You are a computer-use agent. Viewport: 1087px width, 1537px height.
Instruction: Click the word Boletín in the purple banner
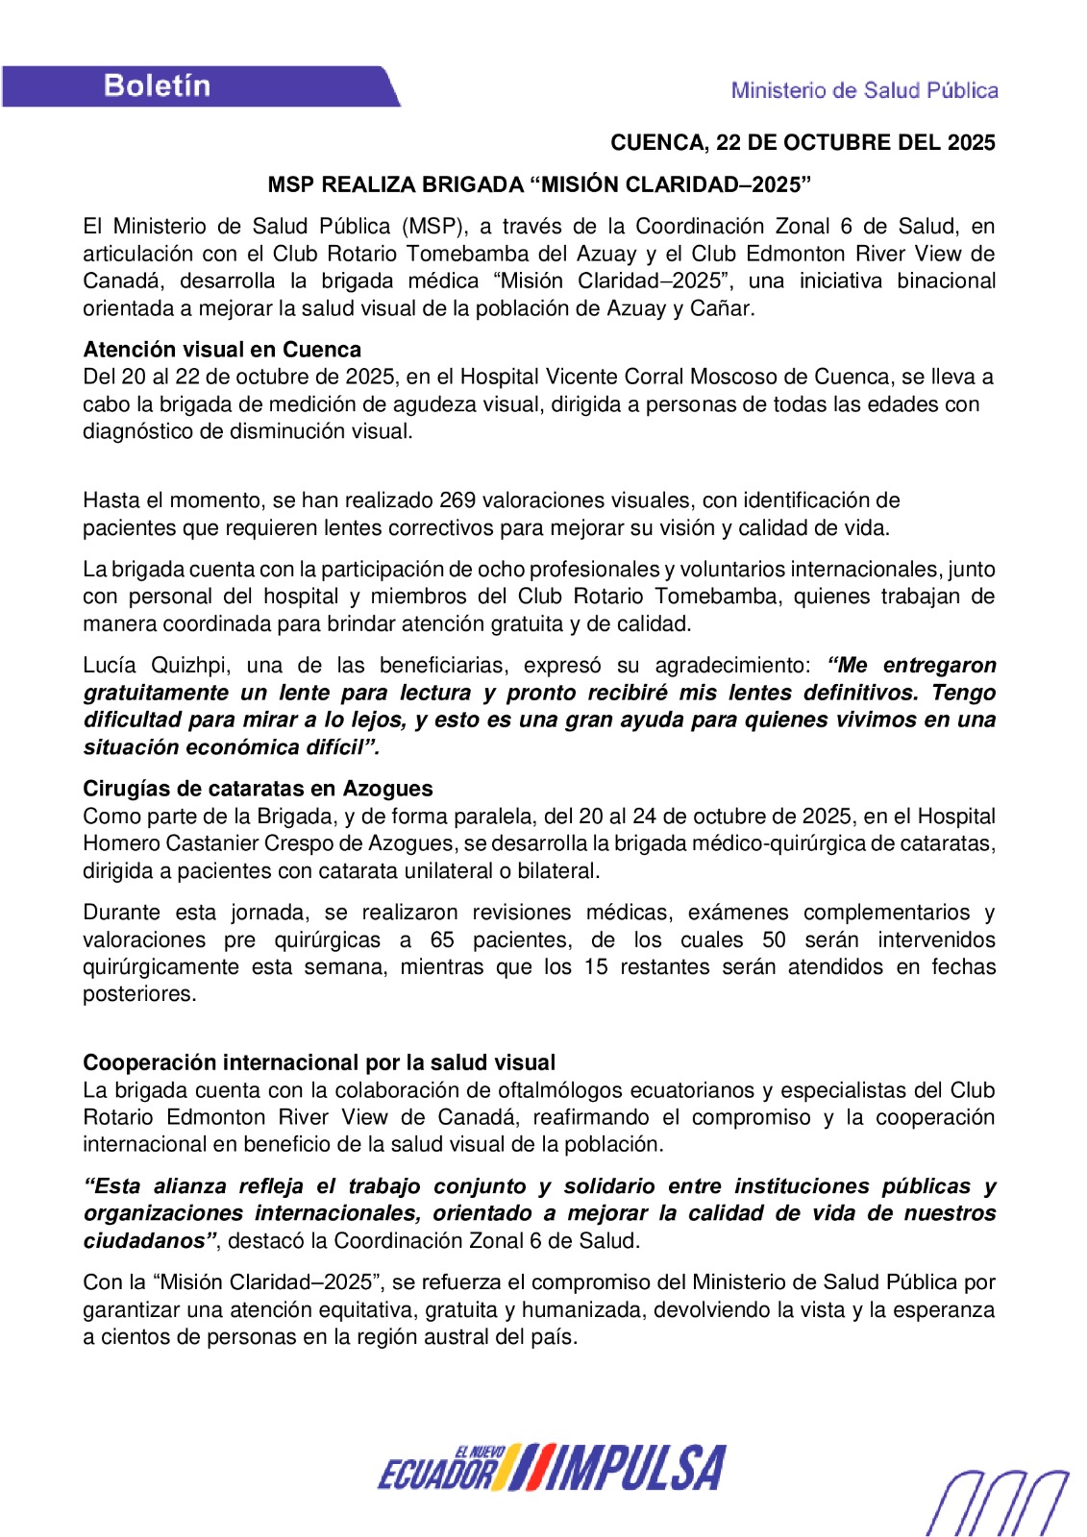(x=157, y=86)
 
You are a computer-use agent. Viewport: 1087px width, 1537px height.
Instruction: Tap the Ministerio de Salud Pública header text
(x=864, y=90)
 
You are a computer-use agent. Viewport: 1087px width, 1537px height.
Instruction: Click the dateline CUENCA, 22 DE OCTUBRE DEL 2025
(x=803, y=143)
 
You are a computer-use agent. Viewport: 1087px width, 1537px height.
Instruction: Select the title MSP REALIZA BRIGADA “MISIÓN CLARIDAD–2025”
(x=539, y=184)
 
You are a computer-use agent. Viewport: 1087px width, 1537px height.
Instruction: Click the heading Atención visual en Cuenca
(x=222, y=350)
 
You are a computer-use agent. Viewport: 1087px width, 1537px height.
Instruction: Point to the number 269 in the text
(x=457, y=500)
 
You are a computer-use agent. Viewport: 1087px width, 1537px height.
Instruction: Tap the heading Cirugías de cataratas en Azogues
(x=258, y=789)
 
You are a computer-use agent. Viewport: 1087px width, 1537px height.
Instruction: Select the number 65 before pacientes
(x=442, y=939)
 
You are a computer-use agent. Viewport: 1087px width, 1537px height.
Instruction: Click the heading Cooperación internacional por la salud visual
(x=319, y=1062)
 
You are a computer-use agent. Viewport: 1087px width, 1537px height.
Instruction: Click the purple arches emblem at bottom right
(x=997, y=1501)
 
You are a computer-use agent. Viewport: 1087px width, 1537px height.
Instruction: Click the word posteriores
(x=139, y=994)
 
